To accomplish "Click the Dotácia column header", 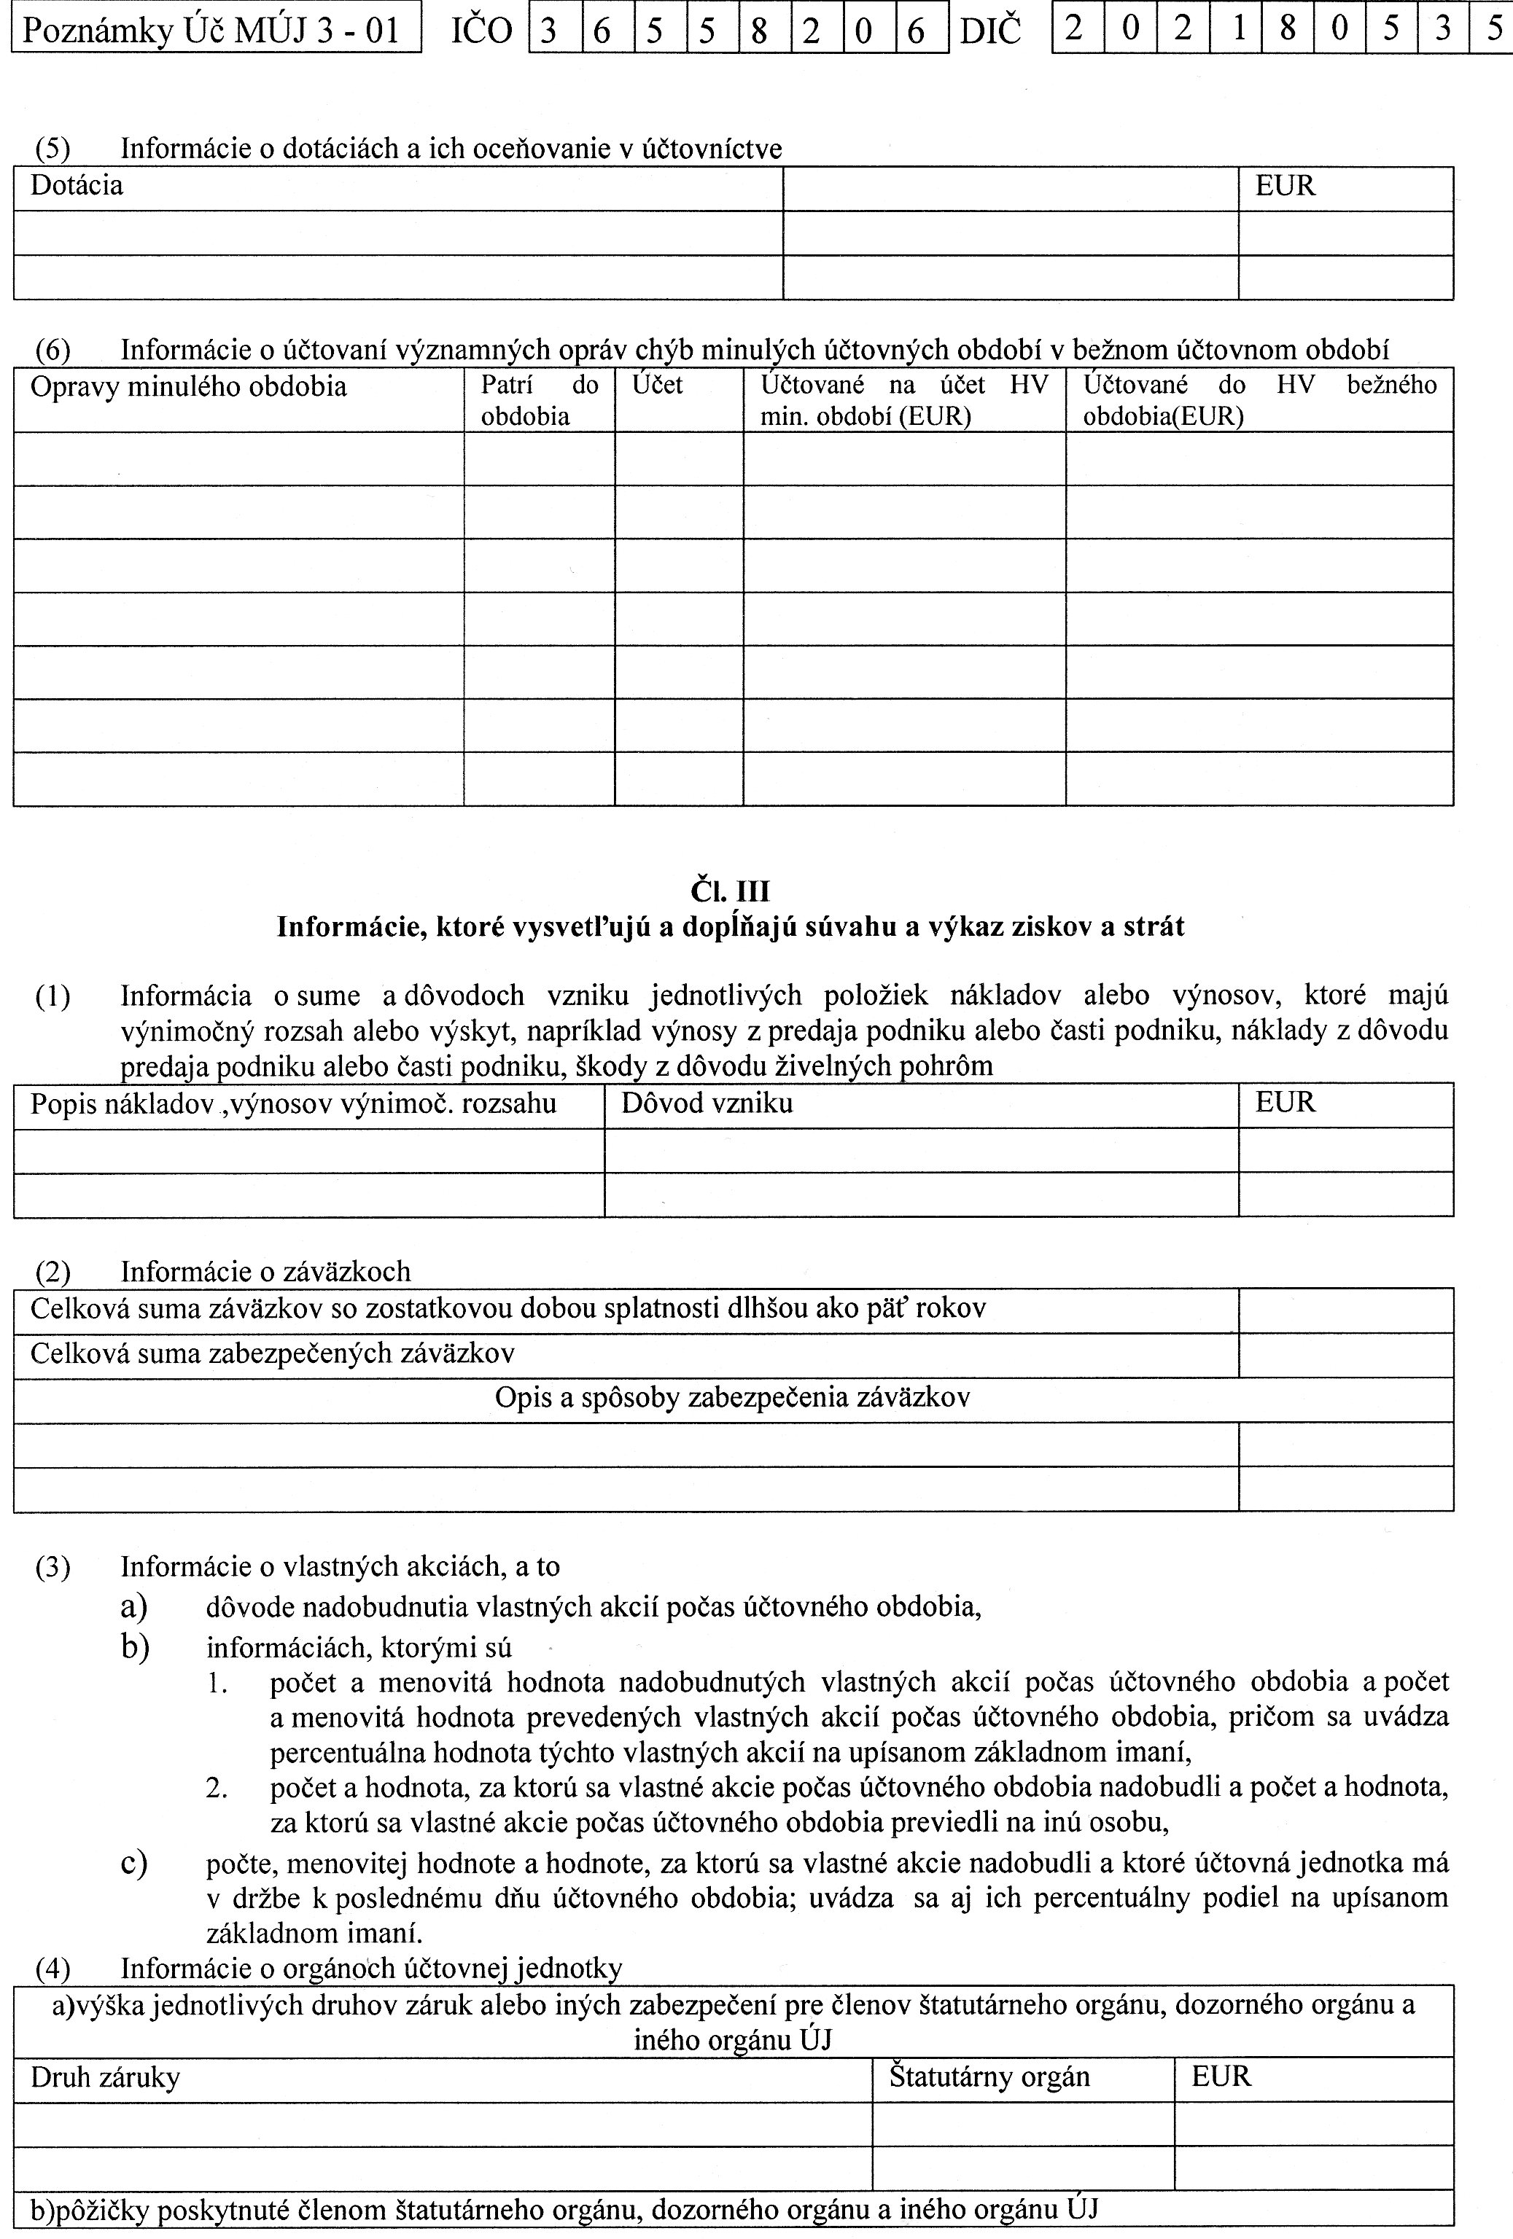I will tap(77, 186).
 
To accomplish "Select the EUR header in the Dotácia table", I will tap(1285, 186).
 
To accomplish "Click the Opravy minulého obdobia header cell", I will tap(189, 387).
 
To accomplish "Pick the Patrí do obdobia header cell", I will tap(539, 400).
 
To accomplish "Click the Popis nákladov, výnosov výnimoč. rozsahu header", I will tap(294, 1103).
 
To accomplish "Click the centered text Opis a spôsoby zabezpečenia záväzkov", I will tap(732, 1398).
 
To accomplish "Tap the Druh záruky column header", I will tap(105, 2078).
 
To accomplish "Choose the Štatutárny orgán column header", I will tap(989, 2076).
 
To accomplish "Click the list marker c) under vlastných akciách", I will tap(134, 1863).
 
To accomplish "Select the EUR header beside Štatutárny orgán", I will tap(1221, 2076).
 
